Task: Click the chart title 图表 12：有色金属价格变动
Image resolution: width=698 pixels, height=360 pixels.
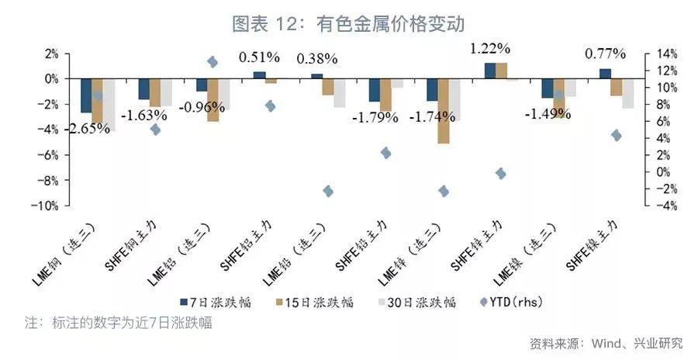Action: [348, 24]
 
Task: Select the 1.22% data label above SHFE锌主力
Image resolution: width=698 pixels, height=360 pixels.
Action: [490, 48]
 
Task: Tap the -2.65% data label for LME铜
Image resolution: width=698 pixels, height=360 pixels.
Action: [87, 128]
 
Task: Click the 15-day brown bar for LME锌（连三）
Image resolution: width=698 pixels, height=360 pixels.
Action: [443, 111]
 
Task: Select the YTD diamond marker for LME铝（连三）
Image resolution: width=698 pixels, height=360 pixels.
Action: [213, 62]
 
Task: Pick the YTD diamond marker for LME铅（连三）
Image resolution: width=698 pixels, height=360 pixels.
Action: [328, 191]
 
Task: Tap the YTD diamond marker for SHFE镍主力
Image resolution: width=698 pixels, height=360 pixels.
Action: [616, 136]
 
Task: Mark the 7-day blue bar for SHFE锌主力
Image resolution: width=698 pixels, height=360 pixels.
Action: [489, 71]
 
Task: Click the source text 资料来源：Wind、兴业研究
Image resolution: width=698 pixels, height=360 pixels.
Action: [606, 342]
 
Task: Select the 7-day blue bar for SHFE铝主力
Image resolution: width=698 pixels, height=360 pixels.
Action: [259, 75]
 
